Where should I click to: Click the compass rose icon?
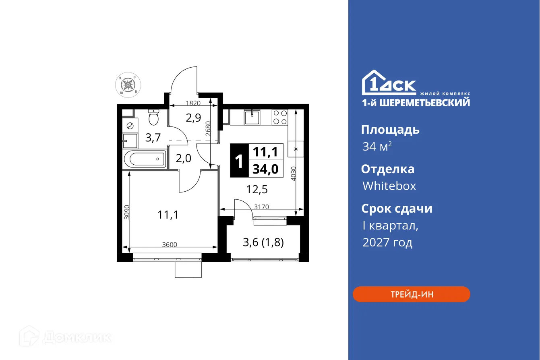click(x=128, y=85)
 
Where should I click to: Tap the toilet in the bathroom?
click(x=153, y=117)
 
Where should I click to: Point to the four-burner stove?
click(x=280, y=117)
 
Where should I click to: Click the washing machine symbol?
click(x=130, y=126)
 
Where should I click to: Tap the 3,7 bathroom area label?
click(x=153, y=138)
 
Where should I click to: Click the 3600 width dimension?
click(x=170, y=244)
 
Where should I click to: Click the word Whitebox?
click(x=389, y=186)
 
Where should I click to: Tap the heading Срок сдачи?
click(x=396, y=209)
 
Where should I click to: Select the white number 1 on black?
click(x=239, y=161)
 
